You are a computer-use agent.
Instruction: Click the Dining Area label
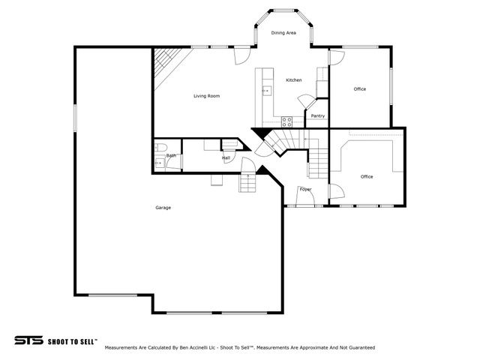coord(283,33)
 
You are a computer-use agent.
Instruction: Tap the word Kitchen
coord(293,80)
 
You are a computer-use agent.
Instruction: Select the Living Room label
coord(206,96)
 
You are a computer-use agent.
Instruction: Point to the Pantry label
coord(317,115)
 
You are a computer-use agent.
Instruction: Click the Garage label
coord(163,208)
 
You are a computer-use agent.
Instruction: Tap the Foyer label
coord(305,189)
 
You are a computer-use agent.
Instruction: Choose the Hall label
coord(225,158)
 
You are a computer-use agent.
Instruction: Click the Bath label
coord(171,155)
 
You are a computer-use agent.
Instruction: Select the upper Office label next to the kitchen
coord(359,89)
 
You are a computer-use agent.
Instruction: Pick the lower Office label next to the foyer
coord(367,177)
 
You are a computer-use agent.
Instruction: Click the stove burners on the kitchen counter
coord(286,120)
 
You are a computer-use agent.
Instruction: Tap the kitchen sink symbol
coord(265,91)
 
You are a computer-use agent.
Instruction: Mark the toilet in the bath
coord(159,147)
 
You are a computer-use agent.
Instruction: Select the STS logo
coord(28,340)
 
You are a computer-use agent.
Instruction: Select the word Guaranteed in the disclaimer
coord(358,348)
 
